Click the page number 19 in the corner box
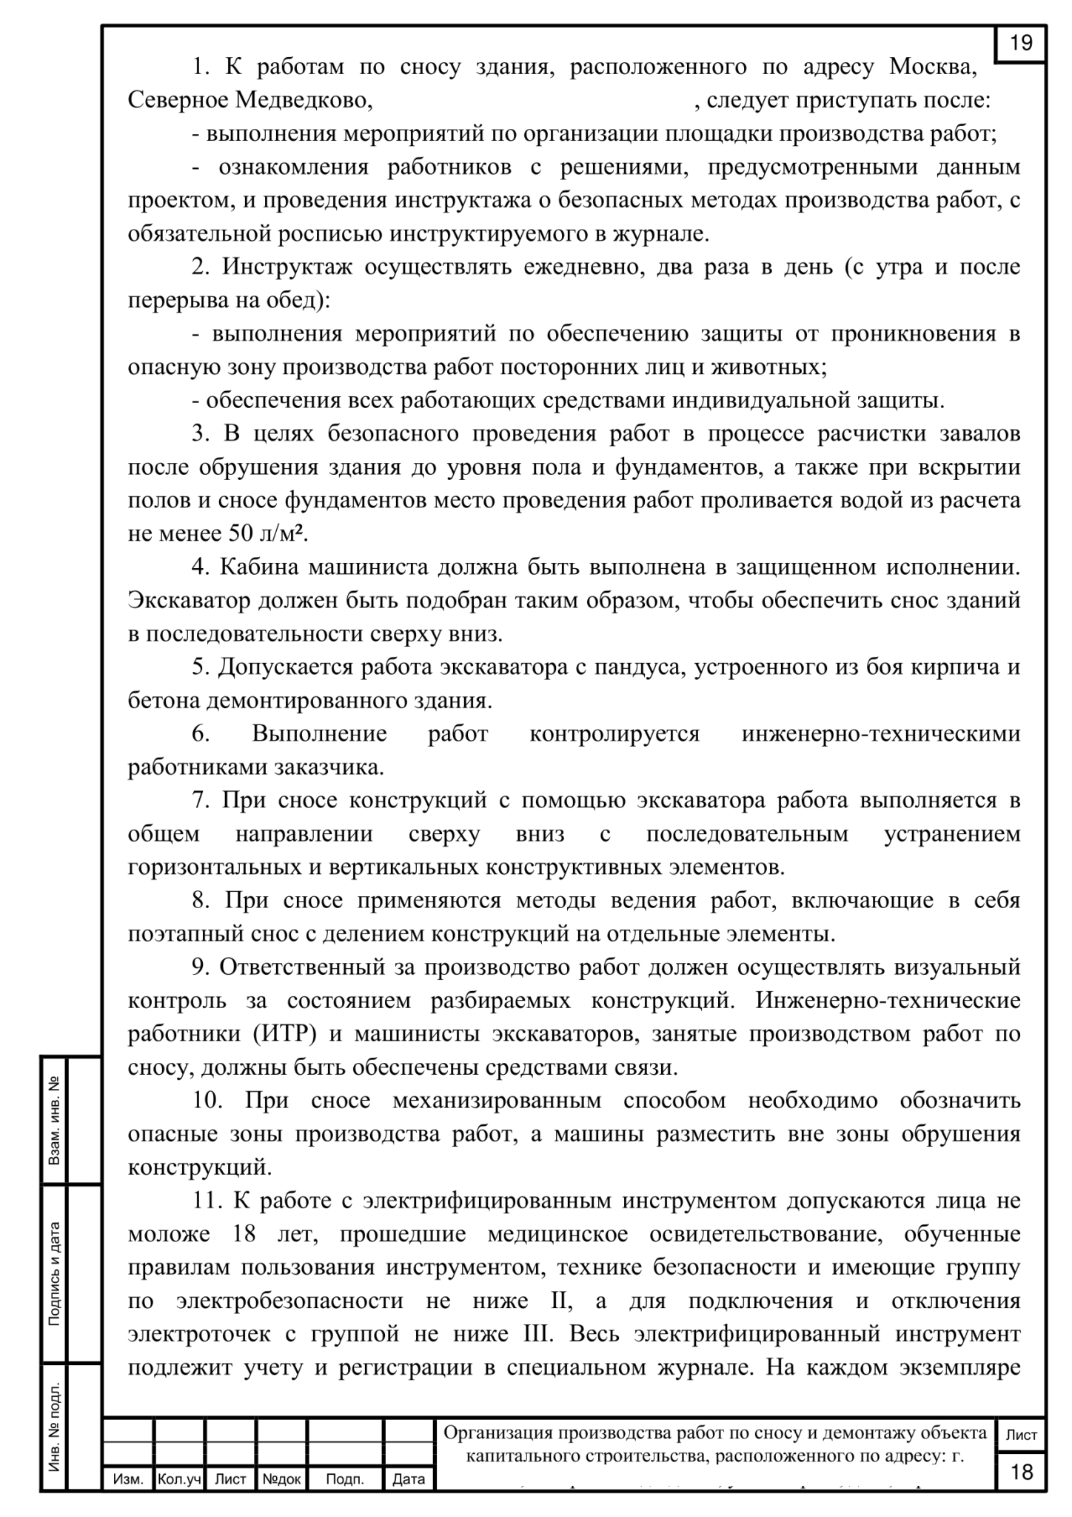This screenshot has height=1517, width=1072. click(x=1021, y=43)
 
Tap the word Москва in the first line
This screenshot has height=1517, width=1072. click(x=931, y=67)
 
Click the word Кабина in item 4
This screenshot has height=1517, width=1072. click(x=259, y=567)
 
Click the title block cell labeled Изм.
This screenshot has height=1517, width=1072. click(x=128, y=1478)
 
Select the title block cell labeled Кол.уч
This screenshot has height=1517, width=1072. click(x=179, y=1478)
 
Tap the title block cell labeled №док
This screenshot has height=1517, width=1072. click(x=281, y=1478)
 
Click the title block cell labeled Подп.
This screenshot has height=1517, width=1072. click(x=345, y=1478)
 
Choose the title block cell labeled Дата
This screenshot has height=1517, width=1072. click(x=409, y=1478)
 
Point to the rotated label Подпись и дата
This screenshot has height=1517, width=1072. click(x=55, y=1273)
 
